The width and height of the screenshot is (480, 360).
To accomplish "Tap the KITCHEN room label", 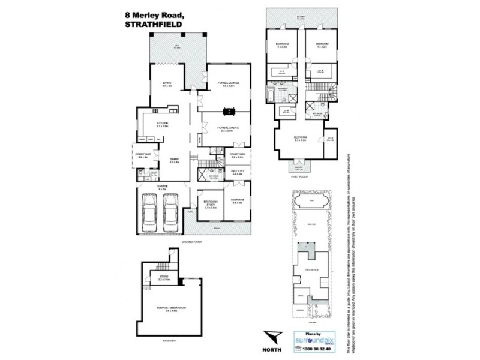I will (163, 124).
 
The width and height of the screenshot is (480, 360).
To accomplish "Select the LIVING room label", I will (167, 85).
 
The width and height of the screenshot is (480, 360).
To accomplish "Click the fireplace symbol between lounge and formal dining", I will (229, 110).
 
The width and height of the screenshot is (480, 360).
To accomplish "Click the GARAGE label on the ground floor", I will (162, 187).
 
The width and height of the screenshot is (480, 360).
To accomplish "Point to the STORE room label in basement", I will (164, 277).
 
